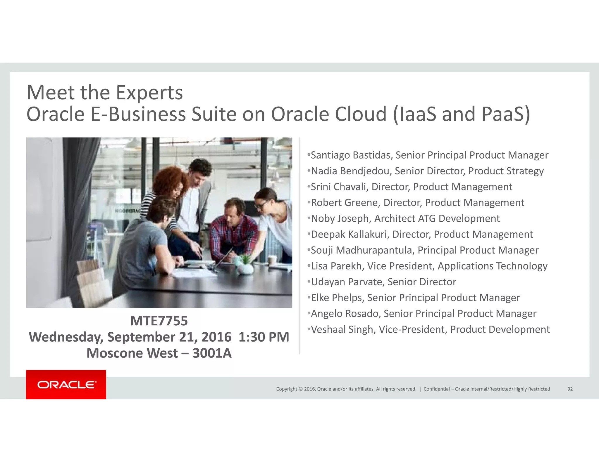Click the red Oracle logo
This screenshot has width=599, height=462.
[66, 384]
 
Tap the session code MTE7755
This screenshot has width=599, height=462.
[159, 321]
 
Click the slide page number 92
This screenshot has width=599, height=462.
[570, 389]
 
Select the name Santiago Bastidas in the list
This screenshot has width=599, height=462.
[351, 155]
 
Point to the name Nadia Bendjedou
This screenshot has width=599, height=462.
[351, 171]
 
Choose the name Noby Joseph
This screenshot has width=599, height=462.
[341, 219]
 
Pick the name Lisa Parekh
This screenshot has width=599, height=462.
[336, 266]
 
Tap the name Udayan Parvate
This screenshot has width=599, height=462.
[347, 282]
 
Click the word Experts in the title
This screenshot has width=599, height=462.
[149, 93]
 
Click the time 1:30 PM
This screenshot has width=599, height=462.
[264, 337]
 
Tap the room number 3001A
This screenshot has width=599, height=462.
[212, 353]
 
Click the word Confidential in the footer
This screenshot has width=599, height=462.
[436, 389]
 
